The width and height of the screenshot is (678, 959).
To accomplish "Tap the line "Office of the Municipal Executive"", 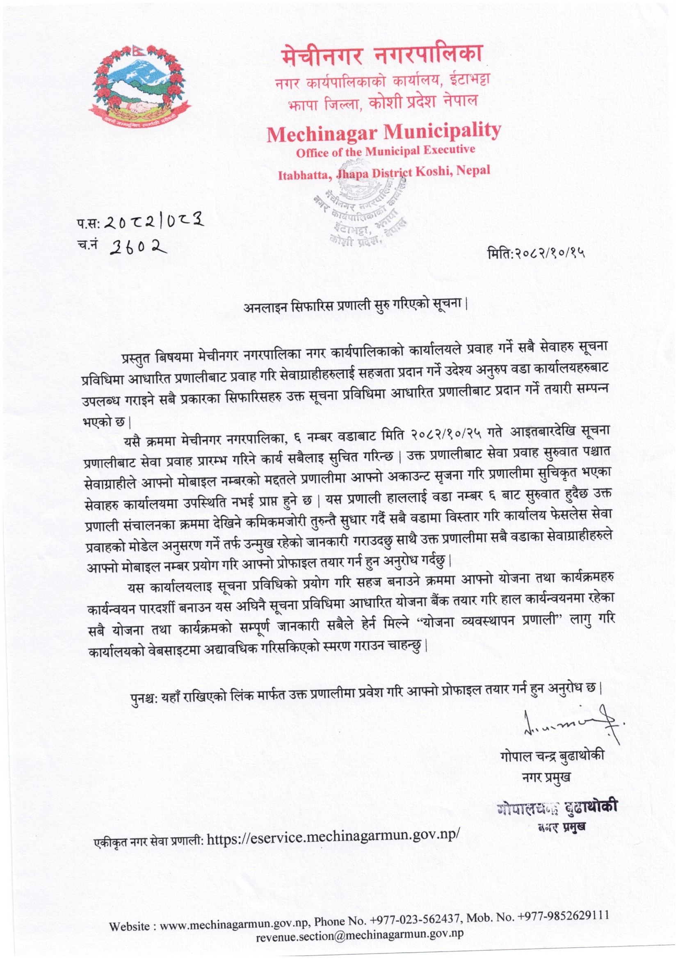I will click(385, 151).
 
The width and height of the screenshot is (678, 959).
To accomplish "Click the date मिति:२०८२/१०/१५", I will click(536, 253).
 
